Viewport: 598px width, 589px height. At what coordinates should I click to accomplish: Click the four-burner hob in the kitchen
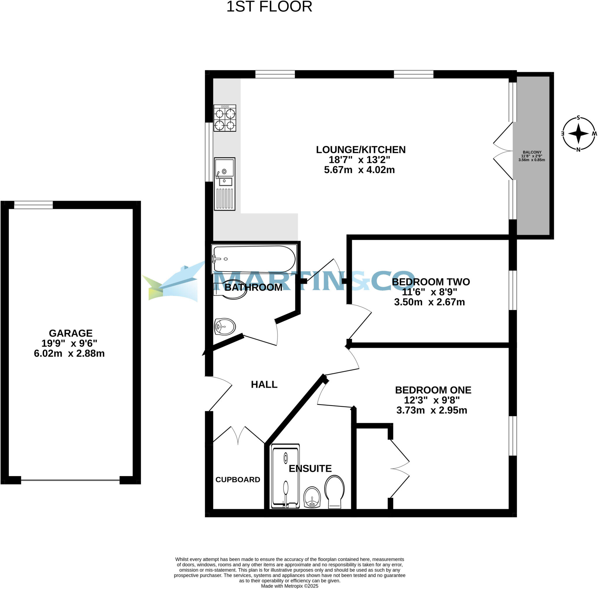(x=225, y=118)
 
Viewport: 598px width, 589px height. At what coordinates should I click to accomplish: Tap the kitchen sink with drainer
(x=225, y=184)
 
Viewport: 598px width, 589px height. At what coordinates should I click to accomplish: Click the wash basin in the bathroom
(x=225, y=327)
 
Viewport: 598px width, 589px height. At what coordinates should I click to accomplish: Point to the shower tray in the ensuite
(x=285, y=476)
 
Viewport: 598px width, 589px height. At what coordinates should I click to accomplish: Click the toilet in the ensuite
(x=334, y=492)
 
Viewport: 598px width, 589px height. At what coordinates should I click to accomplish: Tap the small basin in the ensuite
(x=312, y=497)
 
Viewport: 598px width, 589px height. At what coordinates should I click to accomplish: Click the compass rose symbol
(x=578, y=134)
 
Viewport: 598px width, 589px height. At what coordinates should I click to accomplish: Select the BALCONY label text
(x=532, y=152)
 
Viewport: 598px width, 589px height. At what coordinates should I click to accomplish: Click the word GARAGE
(x=71, y=333)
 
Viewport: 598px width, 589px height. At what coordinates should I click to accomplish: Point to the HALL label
(x=264, y=384)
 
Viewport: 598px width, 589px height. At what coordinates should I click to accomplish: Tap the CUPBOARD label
(x=238, y=480)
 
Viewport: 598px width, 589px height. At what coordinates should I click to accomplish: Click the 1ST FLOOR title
(x=269, y=7)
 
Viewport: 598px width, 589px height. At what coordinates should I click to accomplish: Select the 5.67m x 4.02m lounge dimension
(x=359, y=170)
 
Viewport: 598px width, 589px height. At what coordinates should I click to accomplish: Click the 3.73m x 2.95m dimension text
(x=432, y=410)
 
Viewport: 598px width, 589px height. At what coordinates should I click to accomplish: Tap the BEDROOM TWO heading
(x=431, y=282)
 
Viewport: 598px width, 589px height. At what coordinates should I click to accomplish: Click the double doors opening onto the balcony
(x=503, y=151)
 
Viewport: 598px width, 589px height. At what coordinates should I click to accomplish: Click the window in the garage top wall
(x=33, y=205)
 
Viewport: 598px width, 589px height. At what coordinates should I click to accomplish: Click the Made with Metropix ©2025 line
(x=289, y=586)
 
